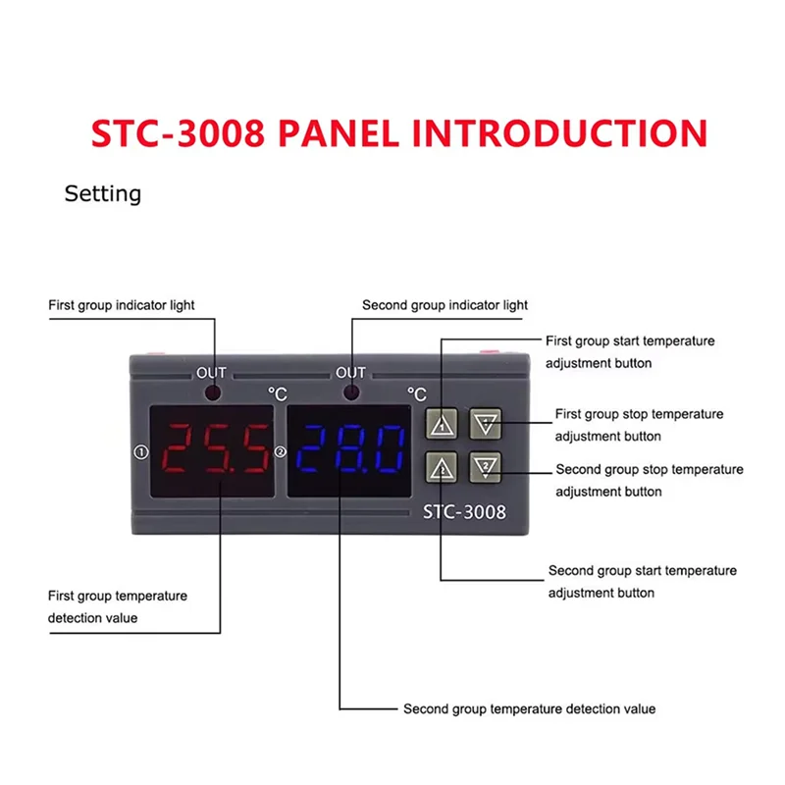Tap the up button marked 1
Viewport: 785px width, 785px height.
444,424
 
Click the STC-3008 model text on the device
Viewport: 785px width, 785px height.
463,510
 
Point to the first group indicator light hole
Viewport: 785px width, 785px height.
212,392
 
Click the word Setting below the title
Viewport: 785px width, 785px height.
103,193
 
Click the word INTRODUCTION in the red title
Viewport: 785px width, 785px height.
560,132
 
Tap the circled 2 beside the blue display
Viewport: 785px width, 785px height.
281,452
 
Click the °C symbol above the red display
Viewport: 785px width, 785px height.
277,395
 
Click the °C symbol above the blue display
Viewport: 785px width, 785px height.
417,395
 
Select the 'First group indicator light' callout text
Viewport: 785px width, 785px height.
122,305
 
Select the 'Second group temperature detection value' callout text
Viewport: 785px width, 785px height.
529,708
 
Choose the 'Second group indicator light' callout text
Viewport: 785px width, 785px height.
445,305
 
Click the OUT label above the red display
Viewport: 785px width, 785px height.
211,373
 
